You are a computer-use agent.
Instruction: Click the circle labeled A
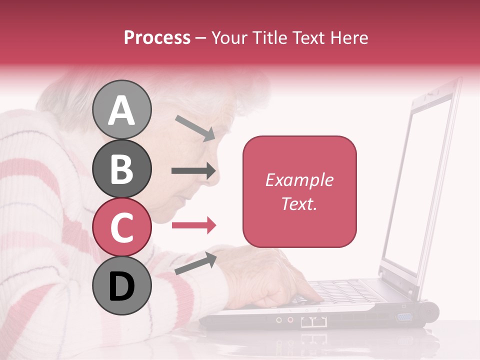point(121,109)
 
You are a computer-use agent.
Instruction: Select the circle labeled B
point(121,168)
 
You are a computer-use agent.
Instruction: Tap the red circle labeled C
point(121,226)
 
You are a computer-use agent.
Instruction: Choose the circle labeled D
point(121,285)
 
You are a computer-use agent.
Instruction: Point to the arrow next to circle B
point(193,171)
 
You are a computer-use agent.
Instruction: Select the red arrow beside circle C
point(193,225)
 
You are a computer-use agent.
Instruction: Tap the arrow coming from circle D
point(195,263)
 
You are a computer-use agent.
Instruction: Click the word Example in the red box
point(299,180)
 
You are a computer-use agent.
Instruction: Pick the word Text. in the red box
point(299,203)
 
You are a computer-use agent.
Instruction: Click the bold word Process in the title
point(157,37)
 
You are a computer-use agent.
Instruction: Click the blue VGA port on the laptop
point(404,316)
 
